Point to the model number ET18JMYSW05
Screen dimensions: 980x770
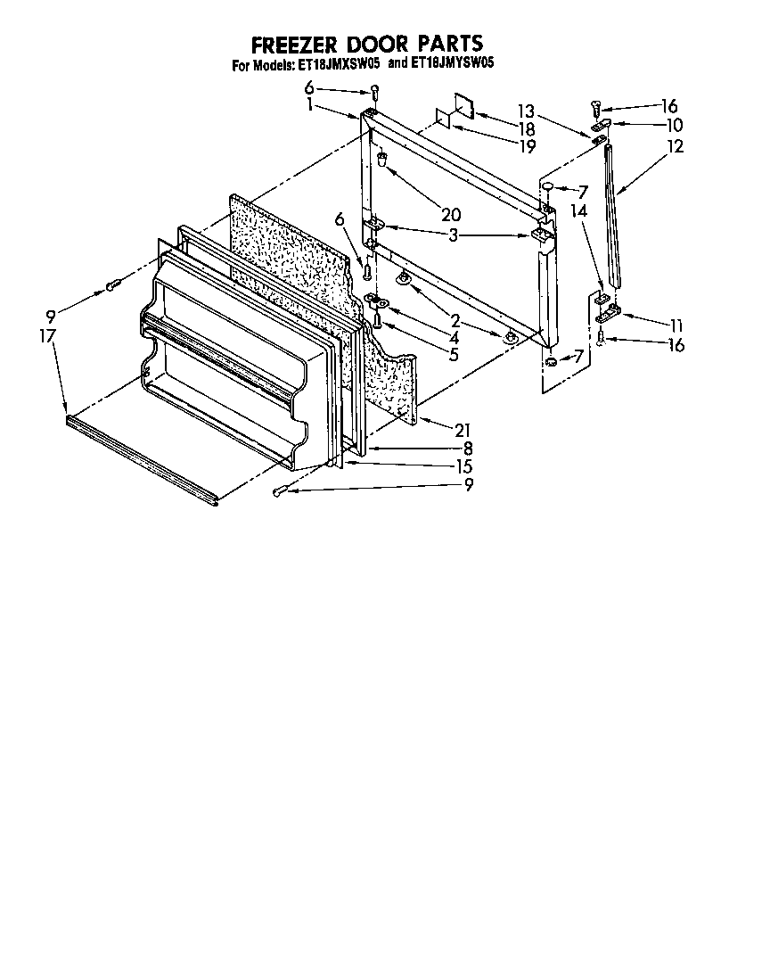click(x=453, y=64)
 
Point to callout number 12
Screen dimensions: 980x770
click(x=675, y=146)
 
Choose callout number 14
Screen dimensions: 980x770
click(x=579, y=210)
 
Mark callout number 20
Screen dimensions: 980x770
click(x=451, y=213)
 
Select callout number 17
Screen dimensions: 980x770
click(x=47, y=336)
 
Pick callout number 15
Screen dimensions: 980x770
click(x=463, y=466)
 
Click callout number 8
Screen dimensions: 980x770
click(x=466, y=449)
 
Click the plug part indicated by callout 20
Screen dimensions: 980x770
click(x=381, y=161)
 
